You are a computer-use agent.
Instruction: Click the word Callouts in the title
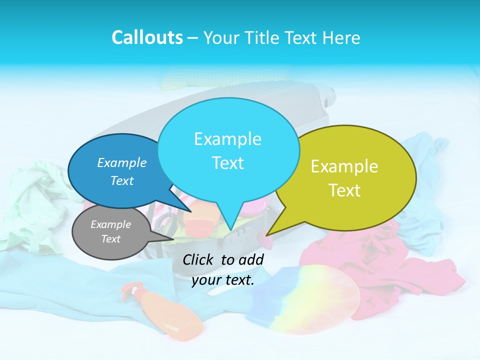point(147,37)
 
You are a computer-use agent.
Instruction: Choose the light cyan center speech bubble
point(227,150)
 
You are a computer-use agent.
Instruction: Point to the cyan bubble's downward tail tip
point(231,230)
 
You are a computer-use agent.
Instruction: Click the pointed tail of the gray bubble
point(172,239)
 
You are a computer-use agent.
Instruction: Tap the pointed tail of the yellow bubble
point(268,234)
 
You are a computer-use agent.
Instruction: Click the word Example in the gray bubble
point(110,224)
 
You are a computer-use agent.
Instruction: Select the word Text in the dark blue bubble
point(122,180)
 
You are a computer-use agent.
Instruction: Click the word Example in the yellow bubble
point(344,166)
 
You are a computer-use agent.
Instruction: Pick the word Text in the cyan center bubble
point(227,163)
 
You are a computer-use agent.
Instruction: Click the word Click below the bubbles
point(198,259)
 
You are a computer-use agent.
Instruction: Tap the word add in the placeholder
point(250,259)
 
